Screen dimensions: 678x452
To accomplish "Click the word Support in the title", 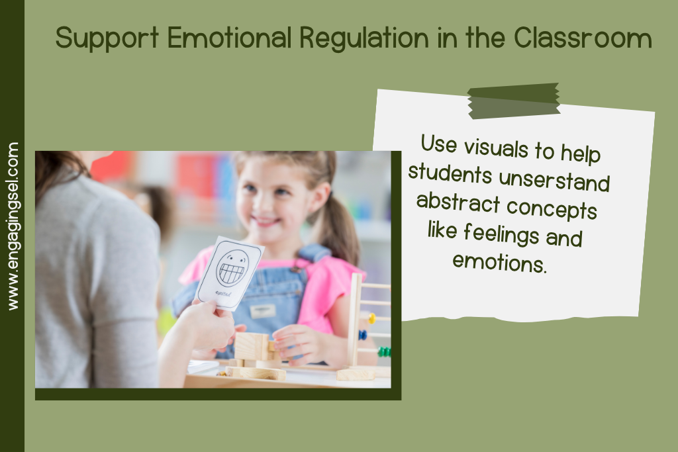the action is click(107, 38).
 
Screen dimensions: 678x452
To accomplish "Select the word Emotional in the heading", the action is click(230, 38).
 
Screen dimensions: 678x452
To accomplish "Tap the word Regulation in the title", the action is click(364, 38).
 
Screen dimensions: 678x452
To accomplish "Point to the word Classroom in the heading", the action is click(583, 38).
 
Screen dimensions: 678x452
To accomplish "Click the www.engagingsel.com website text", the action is click(13, 226).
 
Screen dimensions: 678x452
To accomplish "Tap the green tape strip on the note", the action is click(514, 101).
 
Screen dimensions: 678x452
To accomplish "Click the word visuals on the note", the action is click(496, 147).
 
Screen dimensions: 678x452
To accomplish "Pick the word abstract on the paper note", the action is click(458, 203).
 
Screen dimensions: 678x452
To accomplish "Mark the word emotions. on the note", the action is click(499, 262).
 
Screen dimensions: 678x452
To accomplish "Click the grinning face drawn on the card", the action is click(232, 268).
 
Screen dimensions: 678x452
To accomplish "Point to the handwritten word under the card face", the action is click(223, 294).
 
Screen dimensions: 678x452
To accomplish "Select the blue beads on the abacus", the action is click(362, 335).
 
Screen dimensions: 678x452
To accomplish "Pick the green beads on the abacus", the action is click(384, 352).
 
